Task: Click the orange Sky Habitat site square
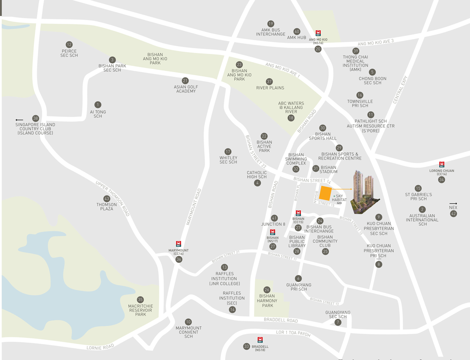pyautogui.click(x=325, y=193)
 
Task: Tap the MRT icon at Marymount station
pyautogui.click(x=178, y=244)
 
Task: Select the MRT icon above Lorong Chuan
pyautogui.click(x=442, y=165)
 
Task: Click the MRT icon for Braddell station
pyautogui.click(x=260, y=340)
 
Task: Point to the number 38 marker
pyautogui.click(x=36, y=118)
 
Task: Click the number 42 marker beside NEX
pyautogui.click(x=453, y=214)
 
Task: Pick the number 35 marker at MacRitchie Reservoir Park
pyautogui.click(x=140, y=300)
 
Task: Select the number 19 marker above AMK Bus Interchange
pyautogui.click(x=271, y=24)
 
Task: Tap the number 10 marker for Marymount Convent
pyautogui.click(x=188, y=322)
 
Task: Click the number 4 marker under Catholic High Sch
pyautogui.click(x=257, y=183)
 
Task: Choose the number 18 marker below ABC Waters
pyautogui.click(x=291, y=118)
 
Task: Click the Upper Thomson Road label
pyautogui.click(x=113, y=198)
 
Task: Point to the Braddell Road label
pyautogui.click(x=281, y=320)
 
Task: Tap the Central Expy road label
pyautogui.click(x=400, y=90)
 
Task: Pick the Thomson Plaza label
pyautogui.click(x=107, y=207)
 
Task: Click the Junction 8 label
pyautogui.click(x=273, y=224)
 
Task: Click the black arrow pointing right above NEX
pyautogui.click(x=453, y=204)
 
